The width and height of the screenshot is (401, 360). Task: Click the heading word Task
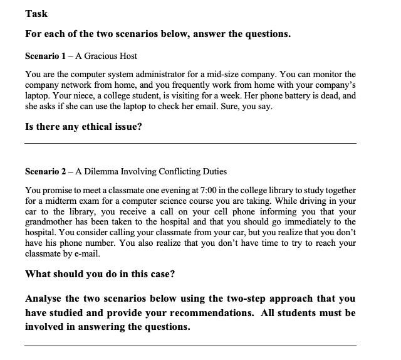(36, 14)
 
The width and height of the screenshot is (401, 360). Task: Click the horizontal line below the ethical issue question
(190, 144)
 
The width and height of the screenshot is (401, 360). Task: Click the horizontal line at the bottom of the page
(190, 346)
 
